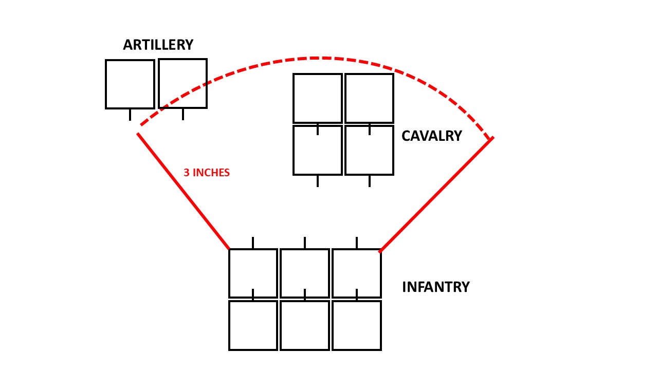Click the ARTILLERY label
click(x=158, y=45)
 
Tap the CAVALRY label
click(x=431, y=136)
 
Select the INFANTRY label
click(x=435, y=287)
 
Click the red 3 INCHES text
click(x=207, y=173)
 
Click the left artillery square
click(x=130, y=84)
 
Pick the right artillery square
click(x=182, y=84)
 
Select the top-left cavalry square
click(x=318, y=98)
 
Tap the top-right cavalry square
click(x=369, y=98)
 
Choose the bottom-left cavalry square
click(x=318, y=150)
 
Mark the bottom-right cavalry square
click(x=369, y=150)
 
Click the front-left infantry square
click(x=253, y=273)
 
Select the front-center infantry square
click(x=305, y=273)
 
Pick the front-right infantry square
click(x=357, y=273)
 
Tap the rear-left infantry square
click(x=253, y=325)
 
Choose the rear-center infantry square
click(x=305, y=325)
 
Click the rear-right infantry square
click(x=357, y=325)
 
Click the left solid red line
click(x=183, y=191)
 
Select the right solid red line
click(x=436, y=195)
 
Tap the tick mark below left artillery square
click(x=130, y=115)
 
